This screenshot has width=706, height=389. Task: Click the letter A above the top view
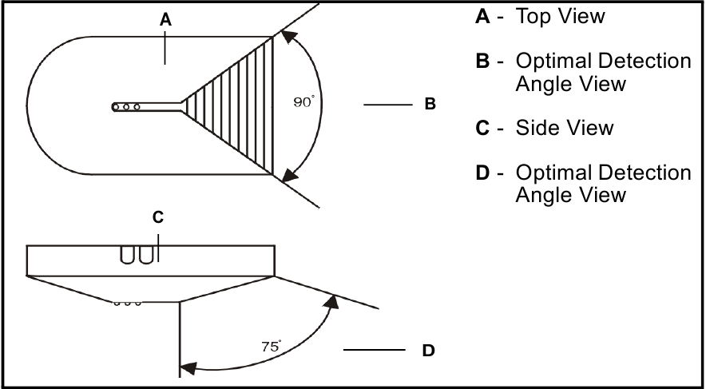coord(165,20)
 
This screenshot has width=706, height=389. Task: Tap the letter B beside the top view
coord(430,104)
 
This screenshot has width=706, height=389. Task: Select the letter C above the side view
coord(157,217)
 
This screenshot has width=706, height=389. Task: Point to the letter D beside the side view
coord(428,351)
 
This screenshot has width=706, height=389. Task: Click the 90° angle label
coord(302,102)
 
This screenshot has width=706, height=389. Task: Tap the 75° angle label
coord(271,346)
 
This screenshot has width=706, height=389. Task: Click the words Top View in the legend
coord(560,16)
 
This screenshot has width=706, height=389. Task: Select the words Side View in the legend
coord(564,128)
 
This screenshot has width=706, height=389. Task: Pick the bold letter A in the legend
coord(482,17)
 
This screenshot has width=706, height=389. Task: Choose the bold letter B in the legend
coord(482,61)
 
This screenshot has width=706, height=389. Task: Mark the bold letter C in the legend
coord(482,128)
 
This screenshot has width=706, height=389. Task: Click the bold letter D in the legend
coord(482,173)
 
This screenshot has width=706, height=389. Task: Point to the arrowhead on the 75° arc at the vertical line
coord(188,368)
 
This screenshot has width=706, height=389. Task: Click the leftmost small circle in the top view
coord(116,107)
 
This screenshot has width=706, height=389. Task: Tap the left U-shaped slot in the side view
coord(127,255)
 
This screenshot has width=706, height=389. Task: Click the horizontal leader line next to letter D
coord(375,350)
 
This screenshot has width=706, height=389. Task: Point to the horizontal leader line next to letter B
coord(388,105)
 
